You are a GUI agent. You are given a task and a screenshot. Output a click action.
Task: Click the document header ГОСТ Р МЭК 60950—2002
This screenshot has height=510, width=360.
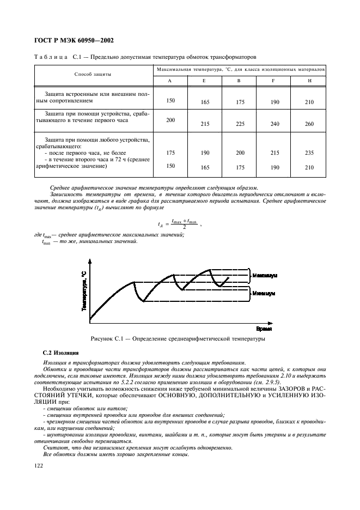pyautogui.click(x=77, y=40)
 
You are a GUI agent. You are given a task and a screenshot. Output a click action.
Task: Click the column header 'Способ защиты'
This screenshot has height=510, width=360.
pyautogui.click(x=93, y=74)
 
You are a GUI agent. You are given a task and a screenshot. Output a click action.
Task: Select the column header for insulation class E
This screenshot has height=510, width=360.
pyautogui.click(x=204, y=81)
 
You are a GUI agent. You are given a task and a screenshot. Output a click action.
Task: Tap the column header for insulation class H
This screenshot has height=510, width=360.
pyautogui.click(x=309, y=81)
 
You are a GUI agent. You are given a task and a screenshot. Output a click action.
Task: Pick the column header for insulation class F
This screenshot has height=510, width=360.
pyautogui.click(x=274, y=81)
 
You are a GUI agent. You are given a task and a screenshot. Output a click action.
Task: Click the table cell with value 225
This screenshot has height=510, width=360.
pyautogui.click(x=239, y=124)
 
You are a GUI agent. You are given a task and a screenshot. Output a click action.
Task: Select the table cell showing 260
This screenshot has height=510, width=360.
pyautogui.click(x=309, y=124)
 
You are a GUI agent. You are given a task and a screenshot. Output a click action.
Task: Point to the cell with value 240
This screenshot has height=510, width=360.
pyautogui.click(x=274, y=124)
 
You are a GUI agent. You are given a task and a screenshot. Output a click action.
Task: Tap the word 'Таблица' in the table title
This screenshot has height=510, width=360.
pyautogui.click(x=50, y=57)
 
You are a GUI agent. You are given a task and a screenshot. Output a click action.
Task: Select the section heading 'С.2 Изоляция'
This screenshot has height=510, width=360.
pyautogui.click(x=60, y=354)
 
